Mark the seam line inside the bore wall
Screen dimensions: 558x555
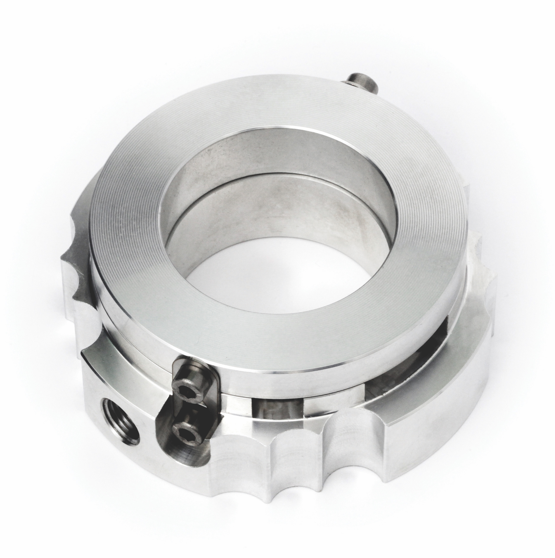click(260, 185)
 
